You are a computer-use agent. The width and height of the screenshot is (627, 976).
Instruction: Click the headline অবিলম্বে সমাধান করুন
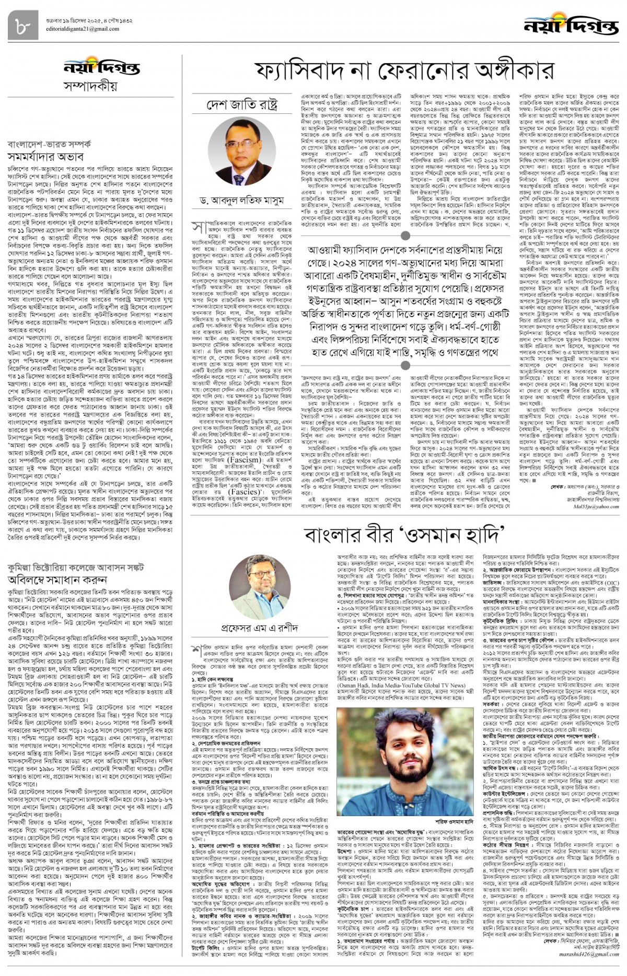57,579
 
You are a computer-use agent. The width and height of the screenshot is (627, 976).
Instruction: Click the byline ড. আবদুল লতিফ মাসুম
242,200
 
